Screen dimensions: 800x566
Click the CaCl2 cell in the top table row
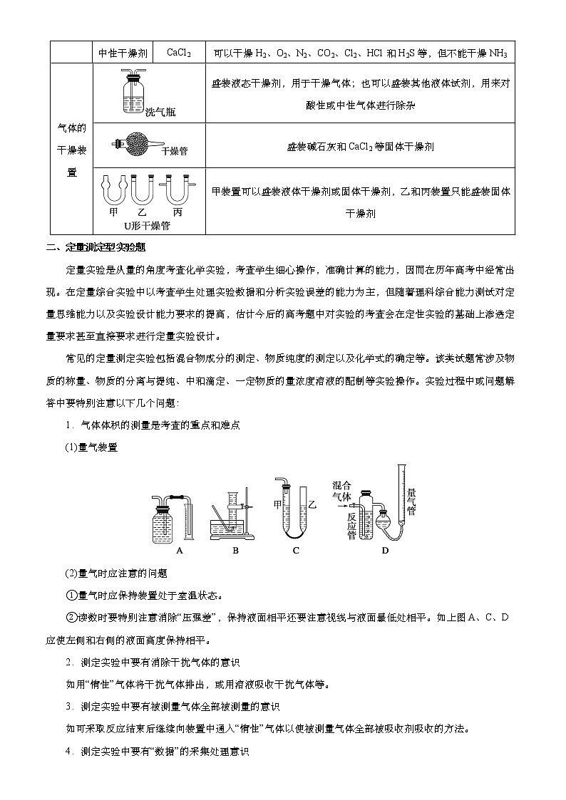pos(178,53)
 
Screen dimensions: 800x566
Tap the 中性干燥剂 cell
pos(123,53)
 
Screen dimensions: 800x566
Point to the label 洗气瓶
pos(160,112)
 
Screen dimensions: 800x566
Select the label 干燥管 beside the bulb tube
pos(175,151)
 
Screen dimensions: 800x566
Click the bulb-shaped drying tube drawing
pos(135,145)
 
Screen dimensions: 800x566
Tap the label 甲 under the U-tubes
pos(113,212)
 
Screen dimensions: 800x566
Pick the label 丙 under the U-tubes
pos(177,212)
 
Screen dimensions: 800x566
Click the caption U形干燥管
pos(147,225)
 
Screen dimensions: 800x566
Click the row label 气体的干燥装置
pos(71,150)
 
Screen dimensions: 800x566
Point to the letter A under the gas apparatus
pos(180,550)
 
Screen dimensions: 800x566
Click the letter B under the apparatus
pos(235,550)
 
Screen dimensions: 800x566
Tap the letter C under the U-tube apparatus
pos(296,550)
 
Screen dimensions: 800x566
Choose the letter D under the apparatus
pos(386,550)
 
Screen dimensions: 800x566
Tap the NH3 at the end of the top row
pos(498,53)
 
